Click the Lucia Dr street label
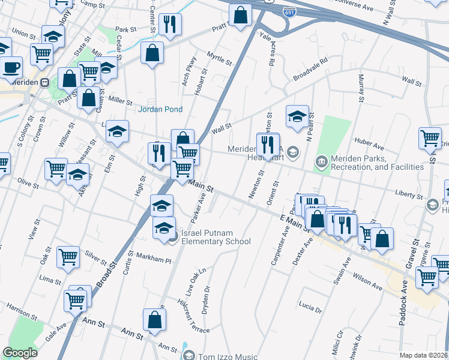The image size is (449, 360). (310, 308)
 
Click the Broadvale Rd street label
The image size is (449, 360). (310, 70)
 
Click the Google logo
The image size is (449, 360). (20, 353)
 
